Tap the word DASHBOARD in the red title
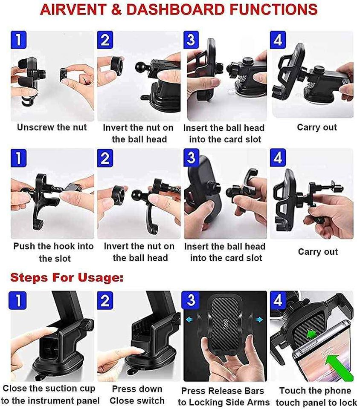[x=175, y=10]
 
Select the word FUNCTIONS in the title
[x=273, y=10]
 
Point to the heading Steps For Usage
[x=67, y=277]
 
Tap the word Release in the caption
[x=223, y=391]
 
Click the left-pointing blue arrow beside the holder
[x=189, y=320]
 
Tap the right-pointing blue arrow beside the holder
[x=259, y=320]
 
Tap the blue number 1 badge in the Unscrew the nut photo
[x=18, y=40]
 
